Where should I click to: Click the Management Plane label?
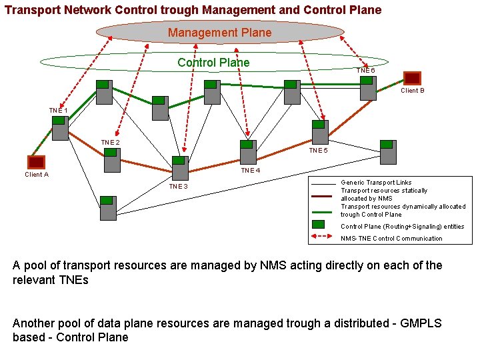click(x=220, y=33)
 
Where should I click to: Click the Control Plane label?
click(x=213, y=63)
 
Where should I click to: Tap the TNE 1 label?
click(x=58, y=110)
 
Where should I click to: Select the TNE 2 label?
click(x=110, y=143)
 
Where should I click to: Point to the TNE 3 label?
click(x=178, y=187)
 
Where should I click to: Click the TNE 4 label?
click(x=251, y=171)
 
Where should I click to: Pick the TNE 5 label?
click(x=318, y=151)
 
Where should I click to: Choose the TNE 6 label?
click(x=365, y=70)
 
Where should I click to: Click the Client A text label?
click(x=37, y=175)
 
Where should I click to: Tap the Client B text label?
click(x=413, y=91)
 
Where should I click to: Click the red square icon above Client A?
click(x=36, y=162)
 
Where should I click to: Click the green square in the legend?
click(x=323, y=225)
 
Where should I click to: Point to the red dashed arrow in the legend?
click(x=323, y=237)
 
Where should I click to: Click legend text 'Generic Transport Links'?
click(x=376, y=182)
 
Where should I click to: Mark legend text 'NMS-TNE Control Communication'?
click(x=391, y=238)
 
